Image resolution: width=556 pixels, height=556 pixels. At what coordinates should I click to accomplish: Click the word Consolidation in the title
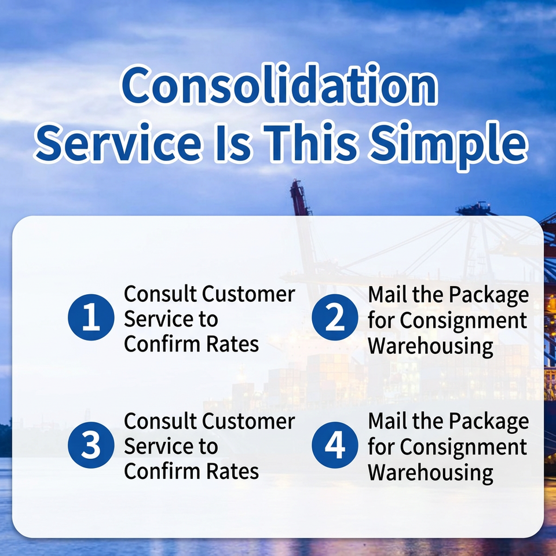tap(279, 85)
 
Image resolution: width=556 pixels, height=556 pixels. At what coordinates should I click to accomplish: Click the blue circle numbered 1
tap(91, 317)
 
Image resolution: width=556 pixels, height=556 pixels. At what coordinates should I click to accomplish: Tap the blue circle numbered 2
tap(335, 317)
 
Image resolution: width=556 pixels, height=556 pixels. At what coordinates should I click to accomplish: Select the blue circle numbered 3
tap(91, 445)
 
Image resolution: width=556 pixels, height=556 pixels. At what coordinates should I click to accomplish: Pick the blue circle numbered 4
tap(335, 445)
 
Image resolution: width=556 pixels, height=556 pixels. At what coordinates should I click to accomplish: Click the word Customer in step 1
tap(248, 294)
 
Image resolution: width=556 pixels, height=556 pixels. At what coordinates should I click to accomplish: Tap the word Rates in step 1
tap(233, 344)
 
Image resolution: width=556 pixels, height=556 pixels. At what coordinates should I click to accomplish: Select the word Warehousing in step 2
tap(430, 346)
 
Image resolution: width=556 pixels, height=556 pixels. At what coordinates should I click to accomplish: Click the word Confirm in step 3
tap(163, 471)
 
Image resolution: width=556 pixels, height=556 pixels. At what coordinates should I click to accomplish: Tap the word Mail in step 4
tap(388, 421)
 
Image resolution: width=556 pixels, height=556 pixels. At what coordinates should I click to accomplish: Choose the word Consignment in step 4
tap(463, 448)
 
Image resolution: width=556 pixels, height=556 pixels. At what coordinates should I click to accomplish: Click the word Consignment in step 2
tap(463, 321)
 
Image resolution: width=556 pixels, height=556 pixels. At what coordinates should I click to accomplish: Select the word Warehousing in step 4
tap(430, 473)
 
